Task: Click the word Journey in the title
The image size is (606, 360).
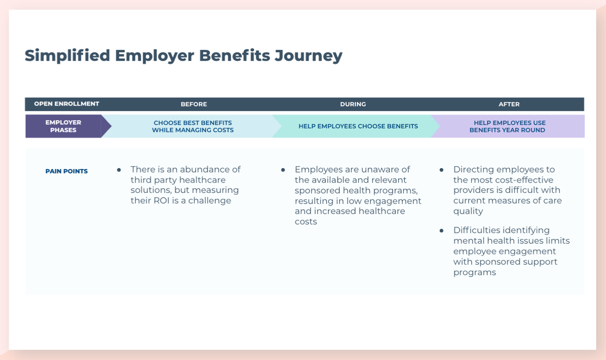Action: point(308,56)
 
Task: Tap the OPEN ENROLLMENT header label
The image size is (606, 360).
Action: point(66,104)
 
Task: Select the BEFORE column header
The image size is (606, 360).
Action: point(193,104)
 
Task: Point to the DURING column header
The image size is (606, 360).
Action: point(352,104)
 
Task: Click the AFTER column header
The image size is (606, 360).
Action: point(509,104)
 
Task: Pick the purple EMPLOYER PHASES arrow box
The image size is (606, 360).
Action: point(64,126)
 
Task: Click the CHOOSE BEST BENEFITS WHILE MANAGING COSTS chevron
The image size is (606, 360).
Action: point(192,126)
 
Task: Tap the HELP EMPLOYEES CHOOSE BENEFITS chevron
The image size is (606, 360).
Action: point(358,126)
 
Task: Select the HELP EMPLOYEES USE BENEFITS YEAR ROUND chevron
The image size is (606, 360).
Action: point(507,126)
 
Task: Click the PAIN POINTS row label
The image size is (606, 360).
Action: point(66,172)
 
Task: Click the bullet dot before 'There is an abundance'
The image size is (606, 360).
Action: point(119,170)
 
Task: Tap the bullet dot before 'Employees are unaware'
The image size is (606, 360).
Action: point(283,170)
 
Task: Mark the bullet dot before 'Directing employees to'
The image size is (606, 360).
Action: point(442,170)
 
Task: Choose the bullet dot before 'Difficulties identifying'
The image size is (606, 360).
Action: point(442,231)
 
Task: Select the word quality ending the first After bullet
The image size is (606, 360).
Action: point(468,211)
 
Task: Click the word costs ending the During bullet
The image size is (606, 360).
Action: point(305,222)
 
